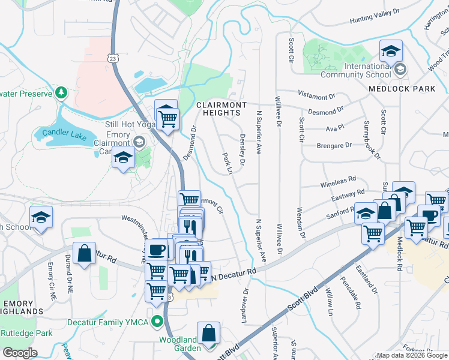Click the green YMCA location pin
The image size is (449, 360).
point(158,321)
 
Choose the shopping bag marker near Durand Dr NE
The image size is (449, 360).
point(85,253)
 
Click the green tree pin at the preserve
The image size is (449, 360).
point(61,92)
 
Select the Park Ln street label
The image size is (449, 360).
point(228,163)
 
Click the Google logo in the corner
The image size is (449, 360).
point(20,353)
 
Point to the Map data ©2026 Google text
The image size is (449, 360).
point(412,355)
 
